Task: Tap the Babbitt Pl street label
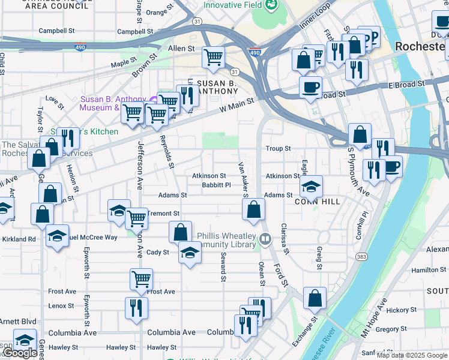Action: (216, 185)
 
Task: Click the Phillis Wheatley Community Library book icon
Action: (265, 241)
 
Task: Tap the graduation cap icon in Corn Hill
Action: (312, 185)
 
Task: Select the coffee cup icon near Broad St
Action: (310, 86)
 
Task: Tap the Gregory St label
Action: (391, 329)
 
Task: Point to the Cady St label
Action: (158, 253)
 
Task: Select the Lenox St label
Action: (61, 305)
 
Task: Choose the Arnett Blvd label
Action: (18, 322)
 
